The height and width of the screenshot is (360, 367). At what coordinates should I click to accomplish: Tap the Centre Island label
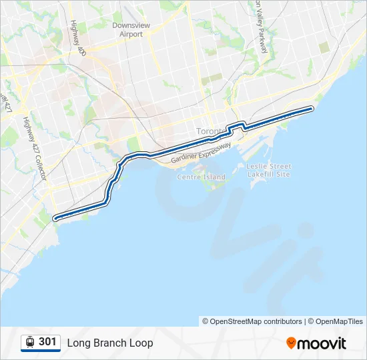(x=201, y=177)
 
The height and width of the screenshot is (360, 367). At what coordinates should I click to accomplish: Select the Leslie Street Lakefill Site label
(x=268, y=170)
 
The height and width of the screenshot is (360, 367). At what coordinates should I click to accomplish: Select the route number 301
(x=47, y=342)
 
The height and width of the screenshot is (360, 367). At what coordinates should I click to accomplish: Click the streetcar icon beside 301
(x=30, y=342)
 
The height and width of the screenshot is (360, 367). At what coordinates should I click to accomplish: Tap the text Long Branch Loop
(x=110, y=343)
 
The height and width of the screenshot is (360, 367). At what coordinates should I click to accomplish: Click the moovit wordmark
(x=322, y=343)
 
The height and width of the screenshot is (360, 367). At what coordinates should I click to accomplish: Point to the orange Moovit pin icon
(x=291, y=343)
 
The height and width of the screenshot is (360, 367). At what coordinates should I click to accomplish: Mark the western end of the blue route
(x=55, y=217)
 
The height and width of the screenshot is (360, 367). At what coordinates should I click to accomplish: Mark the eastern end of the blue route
(x=312, y=108)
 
